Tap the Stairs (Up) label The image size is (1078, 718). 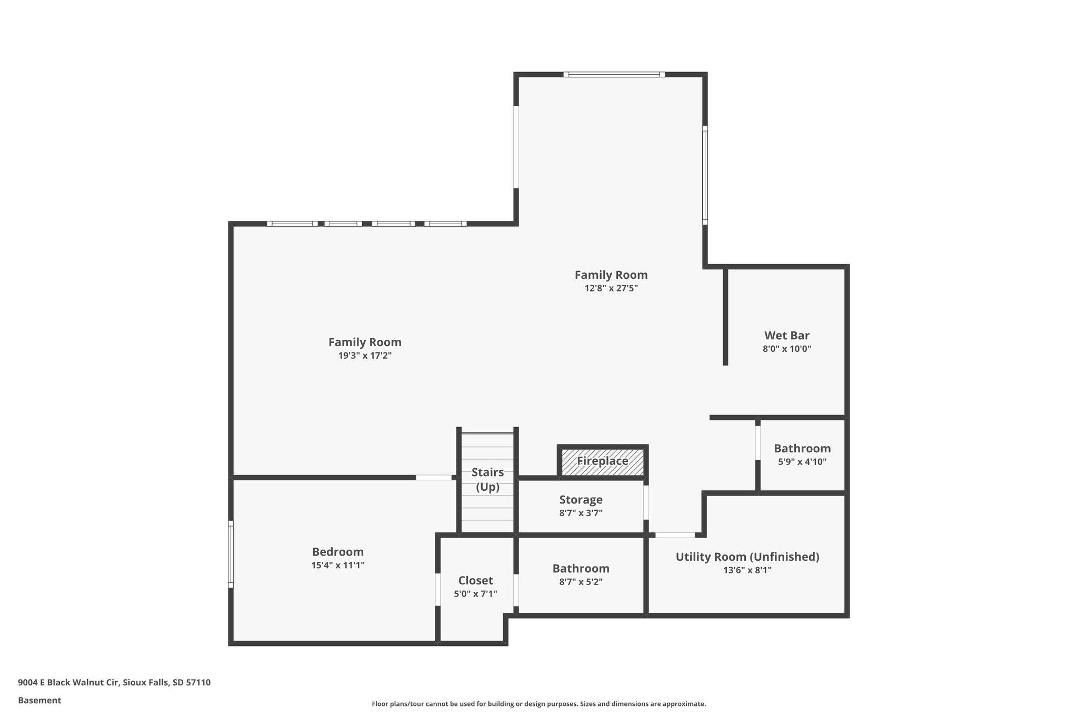(487, 480)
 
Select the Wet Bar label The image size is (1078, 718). (787, 336)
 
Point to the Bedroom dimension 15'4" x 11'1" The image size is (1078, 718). (338, 565)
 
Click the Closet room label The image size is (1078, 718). (476, 581)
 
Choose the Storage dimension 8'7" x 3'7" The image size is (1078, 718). (581, 513)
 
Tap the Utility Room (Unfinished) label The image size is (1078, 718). (747, 557)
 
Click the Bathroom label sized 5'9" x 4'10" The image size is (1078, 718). (802, 449)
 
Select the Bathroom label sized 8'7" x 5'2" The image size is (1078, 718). (581, 569)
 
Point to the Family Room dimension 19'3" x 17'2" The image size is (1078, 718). (365, 356)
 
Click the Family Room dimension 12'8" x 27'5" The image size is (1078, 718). (611, 288)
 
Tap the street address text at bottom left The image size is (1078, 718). (114, 683)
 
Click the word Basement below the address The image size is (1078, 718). (39, 701)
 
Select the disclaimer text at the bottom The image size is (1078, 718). (539, 704)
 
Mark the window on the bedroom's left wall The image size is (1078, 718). (231, 554)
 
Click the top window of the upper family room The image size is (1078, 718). (614, 75)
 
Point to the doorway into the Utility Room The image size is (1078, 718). (675, 535)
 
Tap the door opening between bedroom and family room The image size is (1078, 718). (434, 478)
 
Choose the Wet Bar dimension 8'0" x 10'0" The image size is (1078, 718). (787, 349)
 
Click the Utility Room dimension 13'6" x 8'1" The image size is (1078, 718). (747, 570)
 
